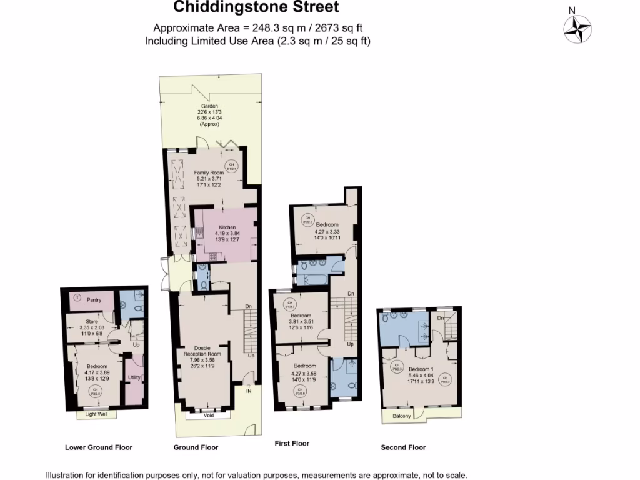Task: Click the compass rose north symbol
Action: [x=577, y=27]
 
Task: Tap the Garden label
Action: [x=209, y=106]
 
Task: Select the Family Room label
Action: [x=209, y=172]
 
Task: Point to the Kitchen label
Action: [x=227, y=227]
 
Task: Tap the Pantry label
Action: [x=94, y=300]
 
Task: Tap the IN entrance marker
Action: [x=249, y=392]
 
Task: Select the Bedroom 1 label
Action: [x=420, y=369]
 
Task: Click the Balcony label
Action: [x=402, y=416]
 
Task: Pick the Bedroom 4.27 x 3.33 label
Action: [x=327, y=224]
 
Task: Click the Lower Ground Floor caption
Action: [x=98, y=447]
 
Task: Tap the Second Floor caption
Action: [x=403, y=447]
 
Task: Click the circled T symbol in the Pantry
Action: [x=77, y=298]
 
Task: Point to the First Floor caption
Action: [x=292, y=444]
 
